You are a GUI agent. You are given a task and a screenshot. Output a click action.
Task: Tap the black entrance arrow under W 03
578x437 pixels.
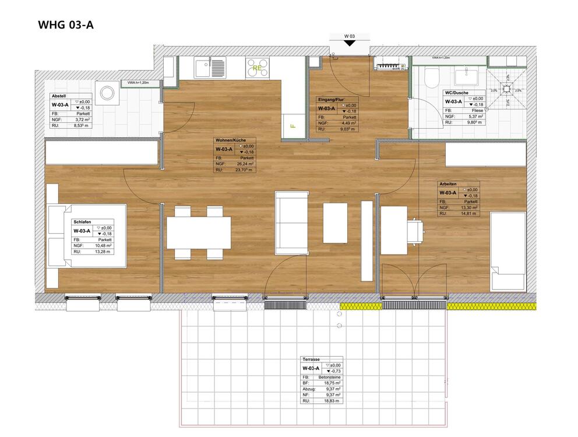(x=349, y=51)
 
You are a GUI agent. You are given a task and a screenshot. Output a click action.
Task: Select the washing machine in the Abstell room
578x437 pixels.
(x=107, y=93)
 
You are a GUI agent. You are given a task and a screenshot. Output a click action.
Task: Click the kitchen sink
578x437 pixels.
(x=202, y=69)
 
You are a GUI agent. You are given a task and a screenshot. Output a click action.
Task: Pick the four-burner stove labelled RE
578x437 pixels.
(x=258, y=68)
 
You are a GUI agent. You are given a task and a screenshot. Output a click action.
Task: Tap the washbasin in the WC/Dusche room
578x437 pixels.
(x=467, y=76)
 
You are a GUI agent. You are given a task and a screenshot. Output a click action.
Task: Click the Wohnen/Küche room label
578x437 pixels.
(x=230, y=140)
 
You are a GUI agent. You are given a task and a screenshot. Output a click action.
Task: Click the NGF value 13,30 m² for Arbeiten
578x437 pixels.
(x=467, y=207)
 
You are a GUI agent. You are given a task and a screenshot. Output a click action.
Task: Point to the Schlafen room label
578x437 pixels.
(x=83, y=222)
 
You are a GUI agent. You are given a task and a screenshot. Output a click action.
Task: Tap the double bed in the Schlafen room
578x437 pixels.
(x=87, y=236)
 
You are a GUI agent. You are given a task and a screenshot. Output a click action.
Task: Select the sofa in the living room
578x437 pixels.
(x=291, y=222)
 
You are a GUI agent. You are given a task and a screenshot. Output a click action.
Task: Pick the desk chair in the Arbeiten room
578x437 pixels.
(x=417, y=230)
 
